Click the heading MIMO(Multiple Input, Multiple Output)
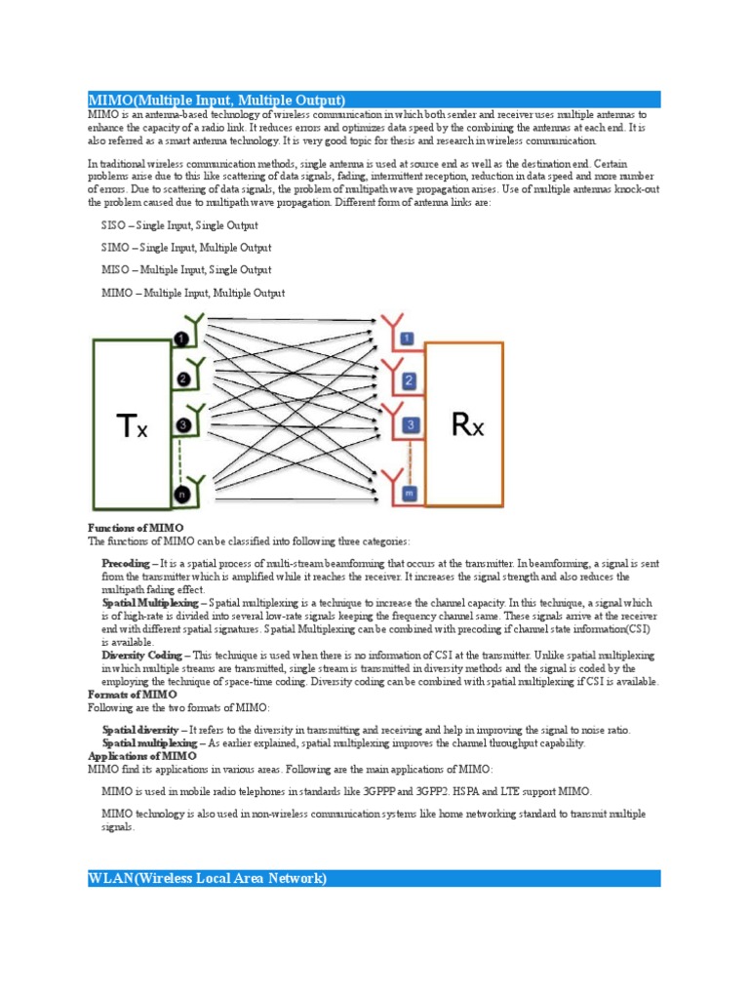217,100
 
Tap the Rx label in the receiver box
464,424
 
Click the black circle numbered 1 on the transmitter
181,339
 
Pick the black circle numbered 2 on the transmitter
181,380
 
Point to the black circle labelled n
180,496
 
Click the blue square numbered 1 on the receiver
409,339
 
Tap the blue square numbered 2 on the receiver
410,380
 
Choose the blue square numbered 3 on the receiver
411,425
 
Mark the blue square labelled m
410,492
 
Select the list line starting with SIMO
186,248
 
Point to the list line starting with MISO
186,270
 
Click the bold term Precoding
126,564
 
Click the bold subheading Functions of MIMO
136,528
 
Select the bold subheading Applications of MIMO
142,756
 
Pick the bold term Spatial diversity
139,730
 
